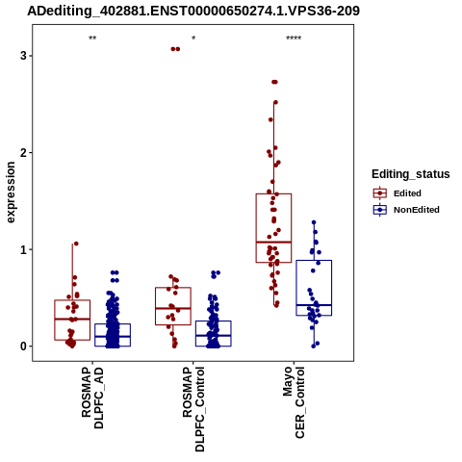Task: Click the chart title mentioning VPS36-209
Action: pyautogui.click(x=193, y=11)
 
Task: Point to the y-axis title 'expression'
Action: pyautogui.click(x=11, y=192)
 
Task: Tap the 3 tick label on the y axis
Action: pyautogui.click(x=23, y=56)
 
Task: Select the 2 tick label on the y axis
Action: pyautogui.click(x=23, y=153)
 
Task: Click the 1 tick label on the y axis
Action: pyautogui.click(x=23, y=249)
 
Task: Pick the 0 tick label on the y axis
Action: pyautogui.click(x=23, y=346)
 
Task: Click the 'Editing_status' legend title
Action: pyautogui.click(x=411, y=174)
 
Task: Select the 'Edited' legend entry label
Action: pyautogui.click(x=407, y=193)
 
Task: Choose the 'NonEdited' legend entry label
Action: pyautogui.click(x=417, y=210)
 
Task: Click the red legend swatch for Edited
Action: pyautogui.click(x=380, y=193)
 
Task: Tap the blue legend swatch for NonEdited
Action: pyautogui.click(x=380, y=210)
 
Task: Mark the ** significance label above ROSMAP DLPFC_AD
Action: pyautogui.click(x=92, y=38)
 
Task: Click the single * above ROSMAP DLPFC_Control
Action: pyautogui.click(x=193, y=38)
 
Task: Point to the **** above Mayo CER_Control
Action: pyautogui.click(x=294, y=38)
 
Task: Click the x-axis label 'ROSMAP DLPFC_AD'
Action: pyautogui.click(x=92, y=398)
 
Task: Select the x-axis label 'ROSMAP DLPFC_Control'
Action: pyautogui.click(x=193, y=409)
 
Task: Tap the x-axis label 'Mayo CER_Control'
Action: pyautogui.click(x=294, y=402)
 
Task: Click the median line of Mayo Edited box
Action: pyautogui.click(x=273, y=242)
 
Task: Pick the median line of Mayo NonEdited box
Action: pyautogui.click(x=314, y=305)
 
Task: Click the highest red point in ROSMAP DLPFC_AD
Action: pyautogui.click(x=76, y=244)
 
